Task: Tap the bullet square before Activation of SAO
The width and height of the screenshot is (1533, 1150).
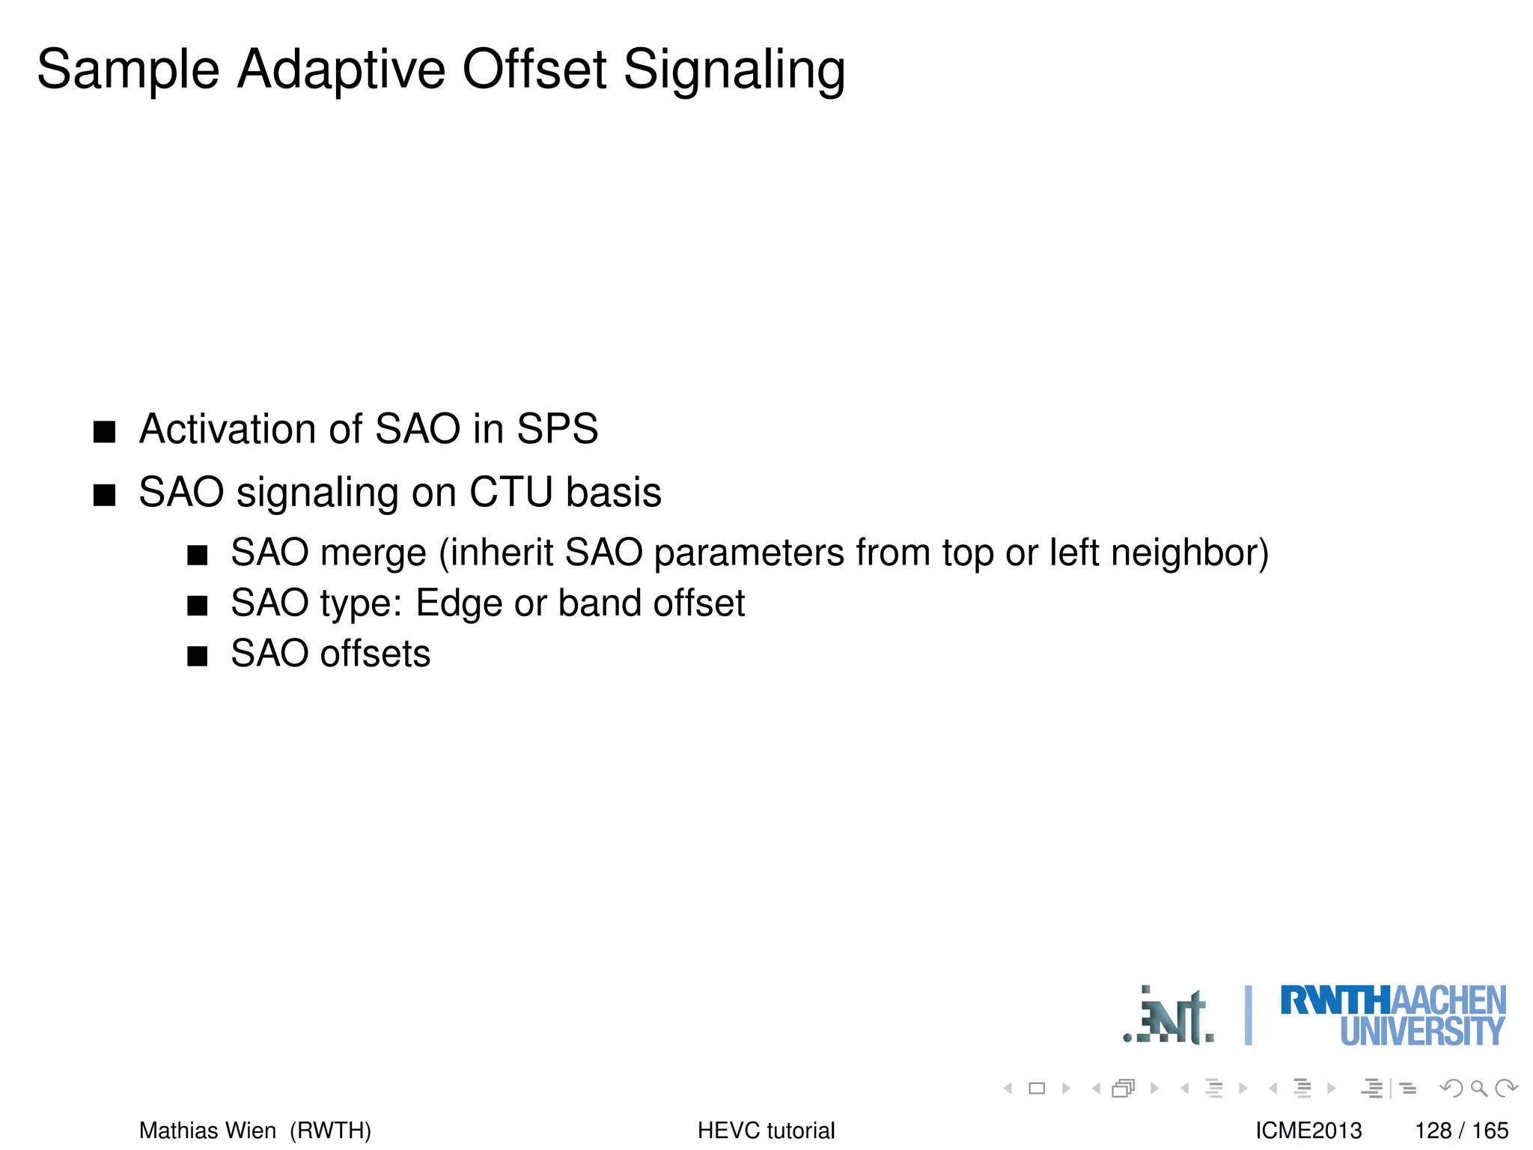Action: coord(105,432)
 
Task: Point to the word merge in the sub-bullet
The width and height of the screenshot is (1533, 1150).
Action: coord(373,554)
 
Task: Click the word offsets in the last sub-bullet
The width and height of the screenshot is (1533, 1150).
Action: coord(375,654)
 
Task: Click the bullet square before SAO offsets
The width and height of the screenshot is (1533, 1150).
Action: coord(197,657)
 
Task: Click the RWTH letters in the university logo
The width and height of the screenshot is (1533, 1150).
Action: coord(1335,1001)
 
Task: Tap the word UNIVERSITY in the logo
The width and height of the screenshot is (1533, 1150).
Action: coord(1421,1032)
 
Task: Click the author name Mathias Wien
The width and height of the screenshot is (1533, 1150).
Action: coord(207,1131)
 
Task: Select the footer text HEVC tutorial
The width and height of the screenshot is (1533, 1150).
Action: coord(766,1131)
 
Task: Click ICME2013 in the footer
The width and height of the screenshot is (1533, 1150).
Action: coord(1308,1131)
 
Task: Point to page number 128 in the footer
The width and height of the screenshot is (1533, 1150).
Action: coord(1433,1131)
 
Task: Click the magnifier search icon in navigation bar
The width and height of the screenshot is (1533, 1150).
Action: coord(1478,1089)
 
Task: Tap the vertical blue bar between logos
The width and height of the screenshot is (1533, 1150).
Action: coord(1248,1015)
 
